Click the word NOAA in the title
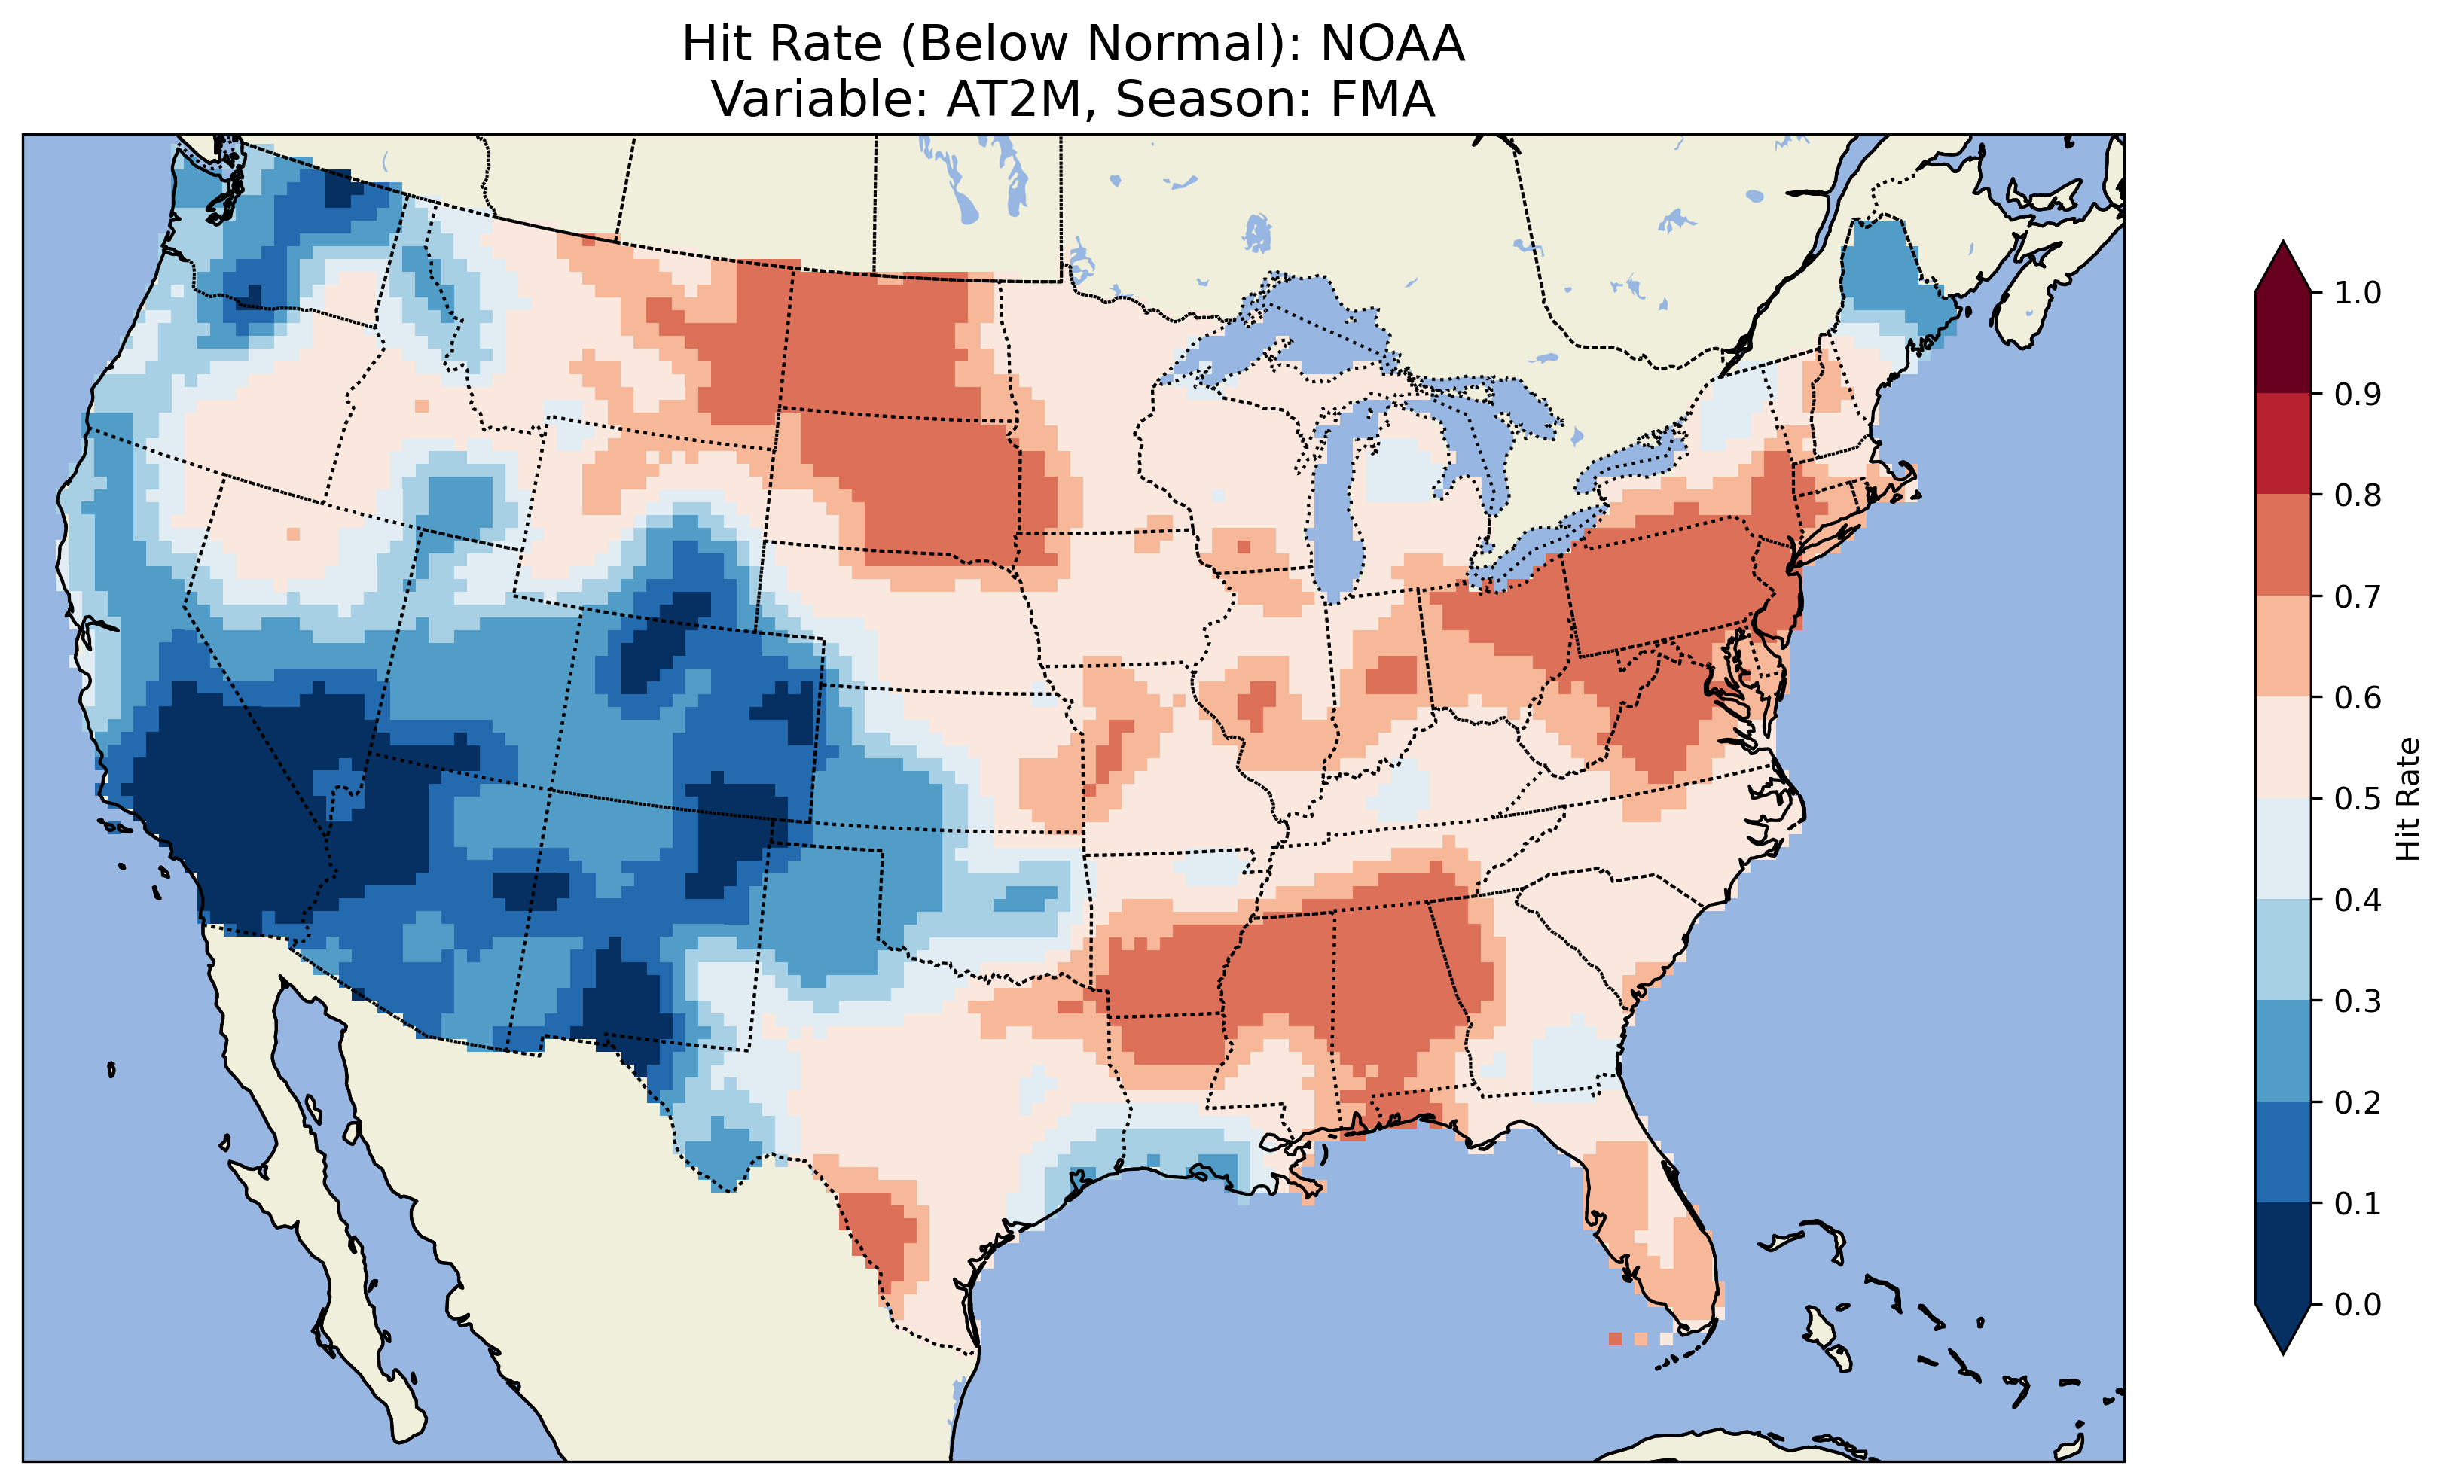1392,44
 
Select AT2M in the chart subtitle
1012,99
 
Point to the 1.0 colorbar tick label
2358,293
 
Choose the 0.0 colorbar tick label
2358,1304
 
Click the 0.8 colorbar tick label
2358,495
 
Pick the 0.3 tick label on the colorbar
2358,1001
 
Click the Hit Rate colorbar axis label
2407,799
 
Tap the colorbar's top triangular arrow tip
2283,246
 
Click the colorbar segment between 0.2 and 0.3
2283,1051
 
